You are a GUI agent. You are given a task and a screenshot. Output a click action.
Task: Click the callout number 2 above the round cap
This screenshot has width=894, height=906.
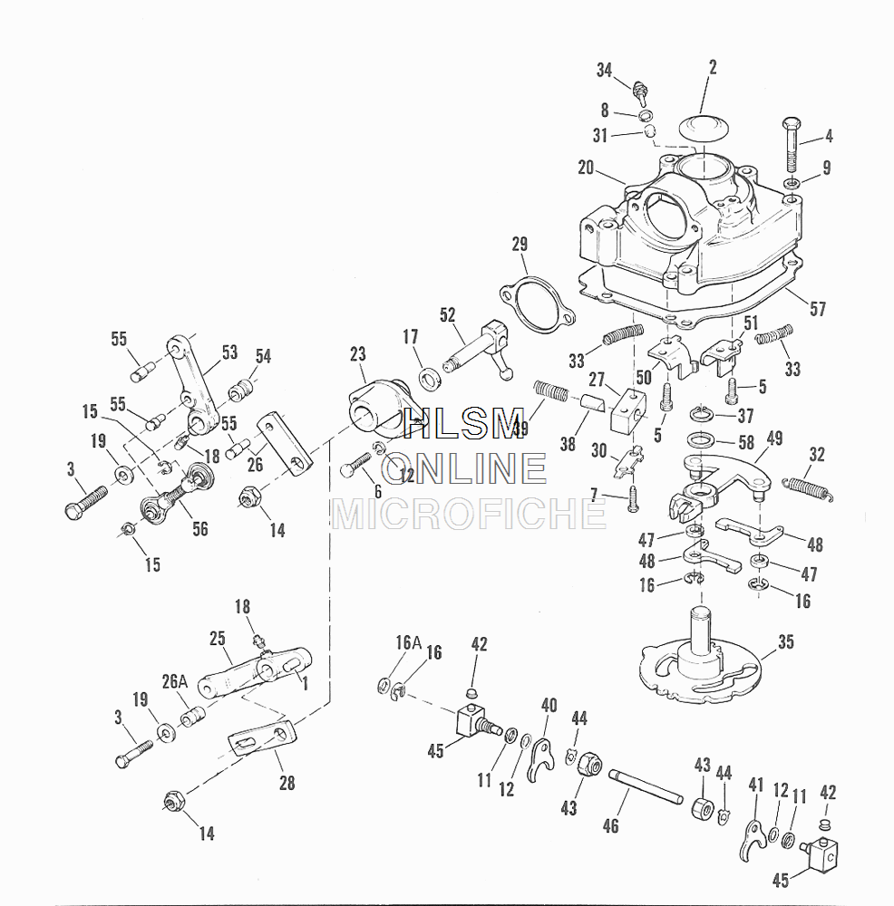coord(713,67)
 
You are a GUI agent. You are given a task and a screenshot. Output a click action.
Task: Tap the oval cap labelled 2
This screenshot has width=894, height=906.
coord(702,127)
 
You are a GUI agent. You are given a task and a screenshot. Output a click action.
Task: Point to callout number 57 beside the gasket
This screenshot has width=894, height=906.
coord(818,309)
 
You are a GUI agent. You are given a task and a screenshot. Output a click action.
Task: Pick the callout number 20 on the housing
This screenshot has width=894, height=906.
coord(585,167)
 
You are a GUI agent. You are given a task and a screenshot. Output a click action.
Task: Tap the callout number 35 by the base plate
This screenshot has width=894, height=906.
coord(785,644)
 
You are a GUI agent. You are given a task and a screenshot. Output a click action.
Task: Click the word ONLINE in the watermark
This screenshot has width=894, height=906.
coord(464,467)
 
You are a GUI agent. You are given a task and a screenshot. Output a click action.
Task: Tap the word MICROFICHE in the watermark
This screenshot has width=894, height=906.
coord(470,513)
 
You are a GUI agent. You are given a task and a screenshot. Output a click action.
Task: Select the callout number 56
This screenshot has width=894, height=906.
coord(199,529)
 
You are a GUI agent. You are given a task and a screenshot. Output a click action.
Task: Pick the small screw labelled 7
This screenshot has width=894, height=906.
coord(634,496)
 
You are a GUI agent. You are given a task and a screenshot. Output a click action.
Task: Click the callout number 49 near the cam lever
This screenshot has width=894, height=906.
coord(774,439)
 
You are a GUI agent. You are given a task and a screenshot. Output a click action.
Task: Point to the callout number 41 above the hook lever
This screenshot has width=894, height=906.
coord(756,785)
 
